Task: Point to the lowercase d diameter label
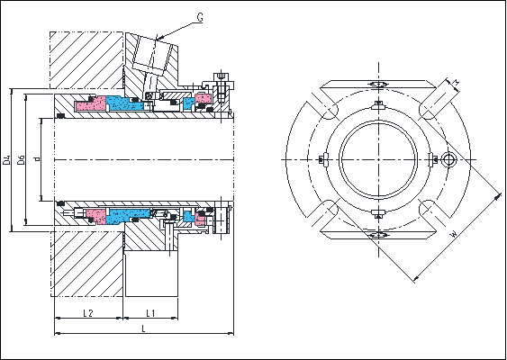tap(35, 160)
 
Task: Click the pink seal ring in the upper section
tap(90, 105)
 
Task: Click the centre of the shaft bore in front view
tap(378, 160)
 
